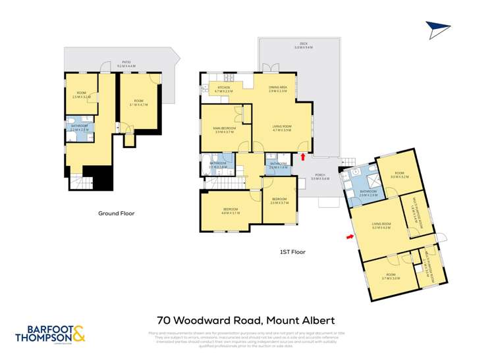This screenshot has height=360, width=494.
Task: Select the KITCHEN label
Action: pyautogui.click(x=224, y=89)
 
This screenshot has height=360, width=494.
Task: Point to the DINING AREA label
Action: pyautogui.click(x=277, y=89)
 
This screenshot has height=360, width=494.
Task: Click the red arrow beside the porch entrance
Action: pyautogui.click(x=302, y=157)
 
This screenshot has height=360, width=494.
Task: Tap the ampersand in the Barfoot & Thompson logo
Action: pyautogui.click(x=78, y=335)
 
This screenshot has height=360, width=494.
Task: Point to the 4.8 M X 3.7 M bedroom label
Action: pyautogui.click(x=230, y=212)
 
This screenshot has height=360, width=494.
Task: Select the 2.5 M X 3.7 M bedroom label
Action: pyautogui.click(x=279, y=201)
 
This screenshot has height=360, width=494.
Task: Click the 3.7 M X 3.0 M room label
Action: pyautogui.click(x=390, y=276)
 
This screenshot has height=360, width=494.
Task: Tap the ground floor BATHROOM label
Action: pyautogui.click(x=79, y=128)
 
